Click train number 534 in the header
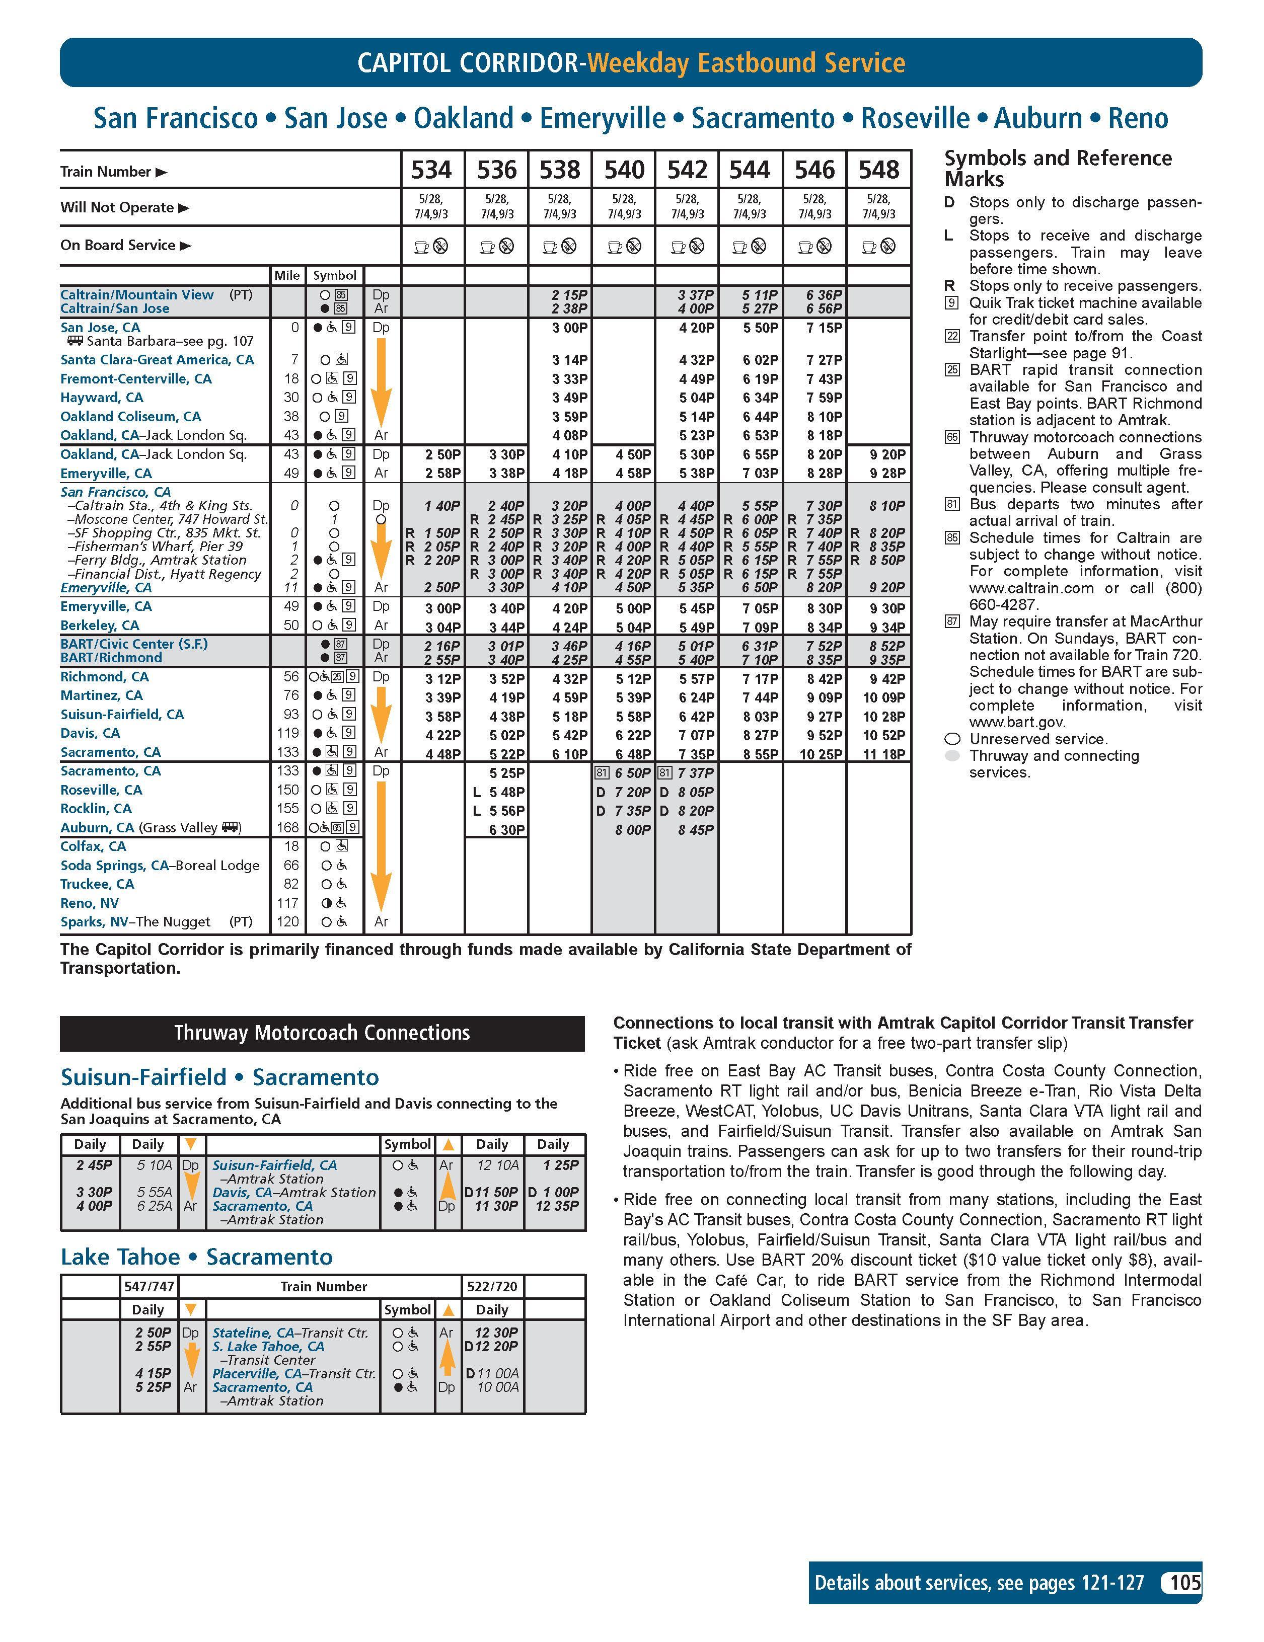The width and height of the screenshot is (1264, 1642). (431, 170)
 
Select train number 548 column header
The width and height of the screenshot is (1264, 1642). (878, 170)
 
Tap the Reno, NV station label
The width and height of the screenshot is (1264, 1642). (90, 903)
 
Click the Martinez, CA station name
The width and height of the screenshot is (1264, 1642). (102, 695)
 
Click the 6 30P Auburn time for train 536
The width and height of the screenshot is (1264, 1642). (506, 829)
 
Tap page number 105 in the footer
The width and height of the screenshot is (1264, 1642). (1184, 1583)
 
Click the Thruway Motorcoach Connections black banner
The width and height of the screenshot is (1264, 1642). (322, 1033)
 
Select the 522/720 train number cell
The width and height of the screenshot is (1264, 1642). (492, 1286)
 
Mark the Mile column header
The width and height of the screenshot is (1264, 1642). (286, 275)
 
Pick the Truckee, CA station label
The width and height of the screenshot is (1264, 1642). (97, 884)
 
